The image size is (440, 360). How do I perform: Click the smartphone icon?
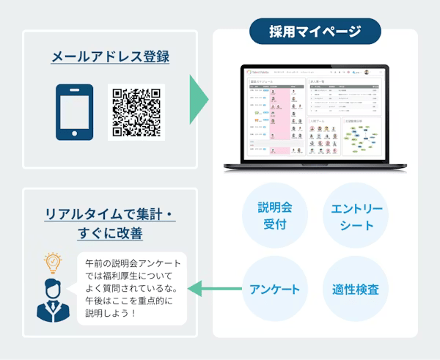pos(75,112)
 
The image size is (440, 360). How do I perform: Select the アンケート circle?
pos(274,289)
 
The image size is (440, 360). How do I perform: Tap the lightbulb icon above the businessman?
pos(51,262)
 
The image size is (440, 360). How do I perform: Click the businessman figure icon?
pos(53,298)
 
